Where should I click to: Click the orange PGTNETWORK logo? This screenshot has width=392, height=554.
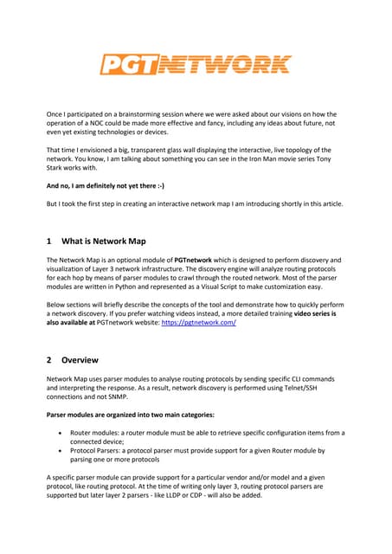(x=195, y=65)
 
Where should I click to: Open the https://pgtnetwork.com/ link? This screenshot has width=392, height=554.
(x=199, y=321)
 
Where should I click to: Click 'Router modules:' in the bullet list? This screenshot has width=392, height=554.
(x=101, y=432)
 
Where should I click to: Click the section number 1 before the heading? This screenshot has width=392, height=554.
(x=50, y=242)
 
